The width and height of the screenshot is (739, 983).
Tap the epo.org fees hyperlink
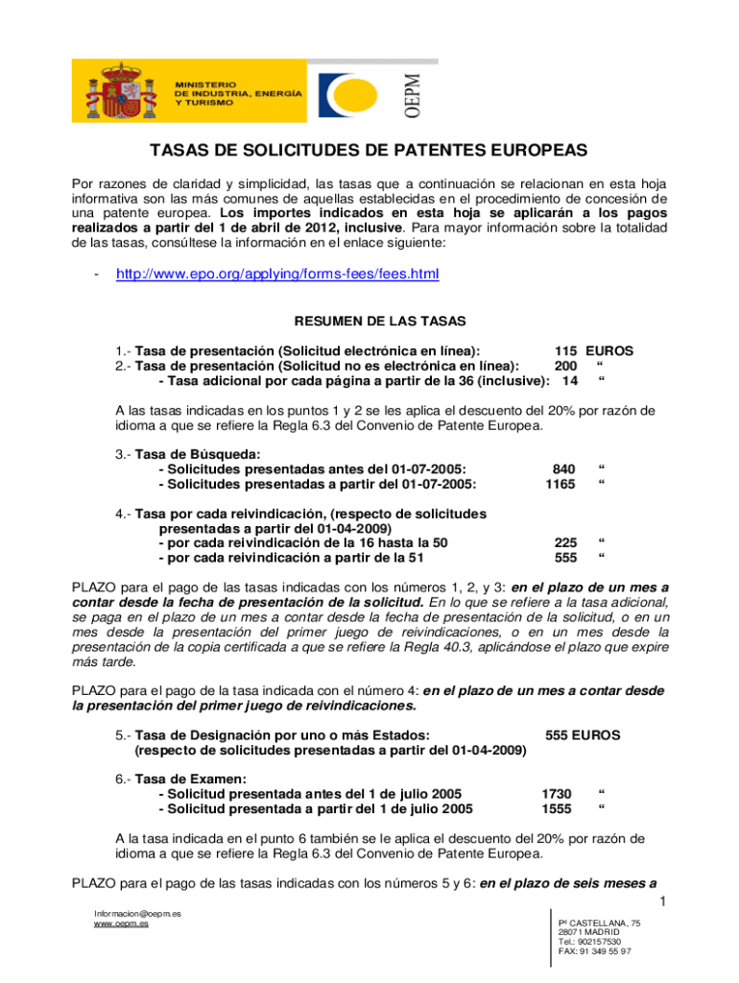point(277,275)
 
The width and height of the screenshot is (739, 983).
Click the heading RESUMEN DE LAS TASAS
point(369,323)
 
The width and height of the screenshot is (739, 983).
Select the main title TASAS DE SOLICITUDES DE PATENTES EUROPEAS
point(368,153)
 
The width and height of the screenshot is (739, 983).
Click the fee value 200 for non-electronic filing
point(566,366)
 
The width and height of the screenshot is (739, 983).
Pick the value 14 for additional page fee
point(569,380)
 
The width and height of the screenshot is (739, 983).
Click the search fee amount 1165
point(560,484)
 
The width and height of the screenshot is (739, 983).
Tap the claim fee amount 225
point(566,542)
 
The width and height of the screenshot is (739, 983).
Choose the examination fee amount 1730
point(557,794)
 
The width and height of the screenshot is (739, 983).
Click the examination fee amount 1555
point(557,809)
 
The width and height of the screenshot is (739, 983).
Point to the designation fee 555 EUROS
point(583,735)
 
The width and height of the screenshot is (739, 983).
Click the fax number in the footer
point(594,952)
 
